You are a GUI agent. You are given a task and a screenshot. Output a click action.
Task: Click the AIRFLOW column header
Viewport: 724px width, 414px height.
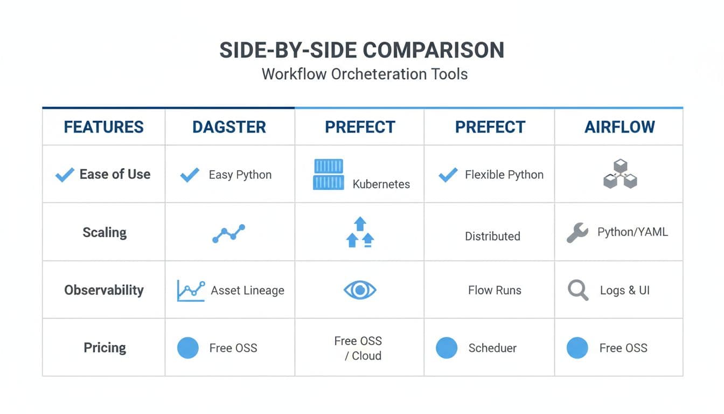(x=619, y=127)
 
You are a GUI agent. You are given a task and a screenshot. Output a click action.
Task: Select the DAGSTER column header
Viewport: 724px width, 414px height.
(x=229, y=127)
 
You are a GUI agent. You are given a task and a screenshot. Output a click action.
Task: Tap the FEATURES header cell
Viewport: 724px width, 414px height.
(x=103, y=127)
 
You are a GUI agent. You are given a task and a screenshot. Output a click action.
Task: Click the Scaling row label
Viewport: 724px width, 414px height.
(x=105, y=233)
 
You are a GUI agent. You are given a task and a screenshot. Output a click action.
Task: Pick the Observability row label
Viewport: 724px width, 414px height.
(x=104, y=290)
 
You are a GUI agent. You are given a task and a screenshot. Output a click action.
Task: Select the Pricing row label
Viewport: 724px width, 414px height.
(x=105, y=348)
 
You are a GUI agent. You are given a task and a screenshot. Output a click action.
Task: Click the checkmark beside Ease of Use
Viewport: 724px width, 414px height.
(x=65, y=175)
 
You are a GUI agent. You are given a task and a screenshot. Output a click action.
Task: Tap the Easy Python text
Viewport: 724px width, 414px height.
(x=240, y=175)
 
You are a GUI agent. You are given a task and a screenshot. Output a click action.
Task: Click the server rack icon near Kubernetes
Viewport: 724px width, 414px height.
(x=328, y=174)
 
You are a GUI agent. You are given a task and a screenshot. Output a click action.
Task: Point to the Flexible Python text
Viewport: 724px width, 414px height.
(x=504, y=175)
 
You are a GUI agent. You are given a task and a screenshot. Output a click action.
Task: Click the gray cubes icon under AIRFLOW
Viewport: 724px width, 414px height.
(x=620, y=174)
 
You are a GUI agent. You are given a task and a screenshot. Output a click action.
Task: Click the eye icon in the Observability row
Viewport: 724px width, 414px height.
(x=359, y=291)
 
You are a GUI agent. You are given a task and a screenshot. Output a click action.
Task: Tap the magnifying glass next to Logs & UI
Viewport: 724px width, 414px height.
(x=578, y=291)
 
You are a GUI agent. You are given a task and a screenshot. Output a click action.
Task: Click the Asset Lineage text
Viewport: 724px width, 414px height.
(x=247, y=291)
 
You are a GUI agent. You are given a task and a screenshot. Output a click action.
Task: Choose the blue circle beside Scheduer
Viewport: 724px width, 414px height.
(x=447, y=348)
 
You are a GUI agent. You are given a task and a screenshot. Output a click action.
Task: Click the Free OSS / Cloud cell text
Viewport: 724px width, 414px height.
(x=358, y=348)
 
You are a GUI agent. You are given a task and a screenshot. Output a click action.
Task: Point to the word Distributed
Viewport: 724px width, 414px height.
(x=492, y=236)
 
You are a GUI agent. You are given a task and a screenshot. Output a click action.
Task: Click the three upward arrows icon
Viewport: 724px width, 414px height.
(x=360, y=232)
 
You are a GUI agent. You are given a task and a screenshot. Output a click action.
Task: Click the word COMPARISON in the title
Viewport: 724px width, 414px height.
(x=434, y=50)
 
